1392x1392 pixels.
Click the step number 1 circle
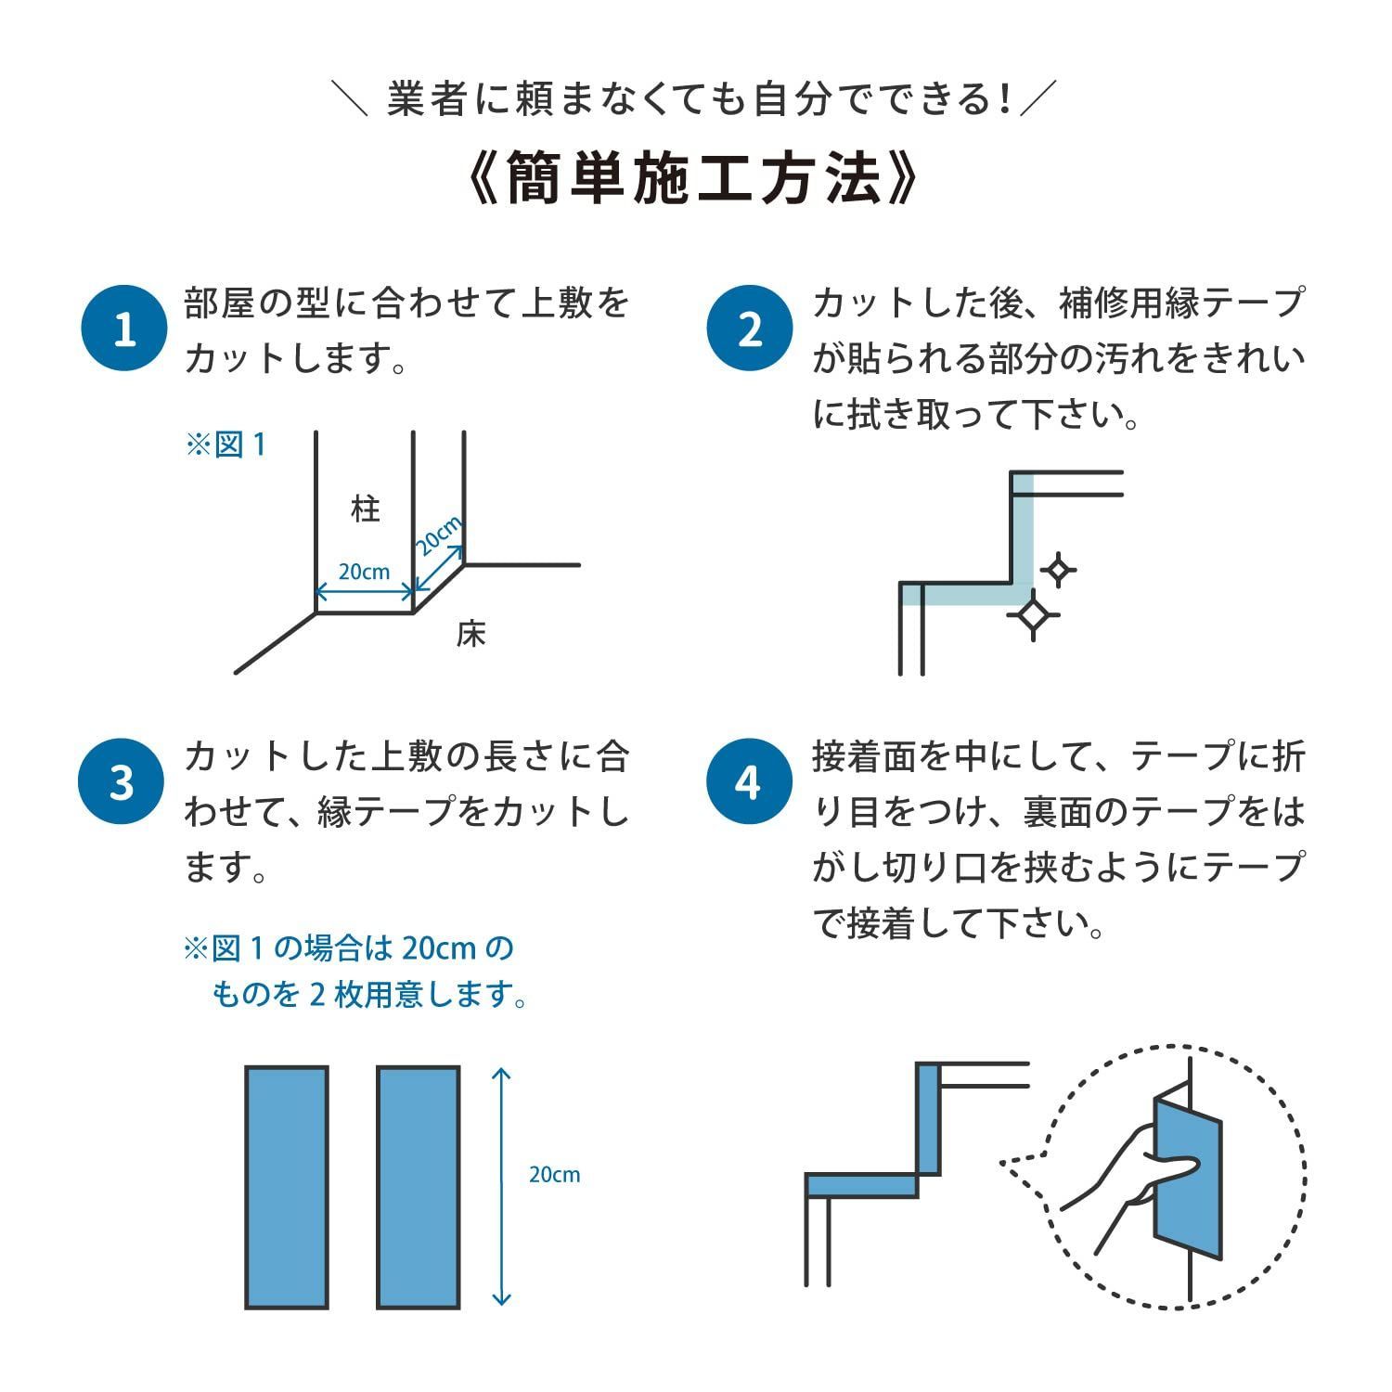click(x=124, y=329)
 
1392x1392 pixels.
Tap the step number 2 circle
click(x=750, y=329)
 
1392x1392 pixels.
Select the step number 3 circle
click(x=122, y=781)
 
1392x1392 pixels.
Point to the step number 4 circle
click(x=750, y=781)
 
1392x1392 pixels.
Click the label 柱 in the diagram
click(x=366, y=509)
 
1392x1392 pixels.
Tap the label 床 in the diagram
click(x=471, y=635)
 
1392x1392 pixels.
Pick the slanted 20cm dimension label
click(x=438, y=536)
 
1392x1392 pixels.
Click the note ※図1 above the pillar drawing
click(x=226, y=445)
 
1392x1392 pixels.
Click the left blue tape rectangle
click(x=287, y=1187)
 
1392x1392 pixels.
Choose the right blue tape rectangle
click(x=419, y=1187)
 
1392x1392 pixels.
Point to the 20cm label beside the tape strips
click(x=554, y=1175)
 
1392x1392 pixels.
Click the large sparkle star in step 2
click(x=1033, y=613)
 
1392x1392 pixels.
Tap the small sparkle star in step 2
click(x=1057, y=569)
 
